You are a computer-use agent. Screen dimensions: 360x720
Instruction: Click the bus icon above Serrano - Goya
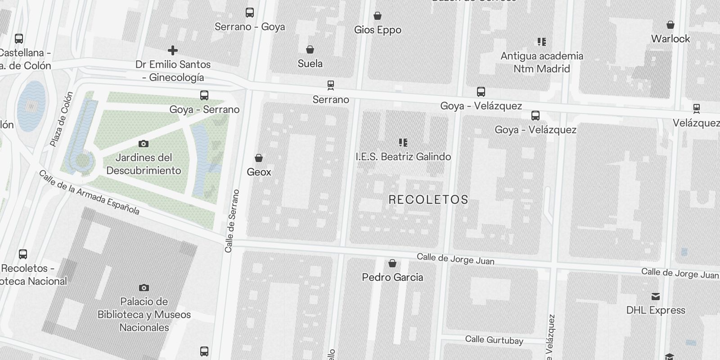pyautogui.click(x=250, y=13)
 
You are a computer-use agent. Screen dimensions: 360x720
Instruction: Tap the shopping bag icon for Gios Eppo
pyautogui.click(x=378, y=16)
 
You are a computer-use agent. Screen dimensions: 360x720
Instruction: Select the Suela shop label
pyautogui.click(x=310, y=63)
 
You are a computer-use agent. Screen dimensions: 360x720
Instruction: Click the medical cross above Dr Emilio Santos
pyautogui.click(x=172, y=50)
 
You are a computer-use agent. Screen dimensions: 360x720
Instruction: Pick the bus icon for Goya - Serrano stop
pyautogui.click(x=204, y=95)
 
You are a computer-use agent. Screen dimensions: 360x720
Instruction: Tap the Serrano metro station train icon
pyautogui.click(x=331, y=85)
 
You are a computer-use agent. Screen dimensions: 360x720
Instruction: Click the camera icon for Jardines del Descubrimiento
pyautogui.click(x=144, y=144)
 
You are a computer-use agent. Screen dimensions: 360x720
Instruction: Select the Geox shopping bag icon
pyautogui.click(x=259, y=158)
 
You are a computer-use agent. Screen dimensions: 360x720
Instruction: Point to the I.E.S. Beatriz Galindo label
pyautogui.click(x=403, y=157)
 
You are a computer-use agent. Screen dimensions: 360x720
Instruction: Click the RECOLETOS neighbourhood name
pyautogui.click(x=428, y=200)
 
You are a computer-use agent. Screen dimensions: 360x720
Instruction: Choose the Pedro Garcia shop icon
pyautogui.click(x=392, y=263)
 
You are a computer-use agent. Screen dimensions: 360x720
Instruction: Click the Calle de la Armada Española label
pyautogui.click(x=89, y=192)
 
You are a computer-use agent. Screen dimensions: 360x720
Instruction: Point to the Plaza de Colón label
pyautogui.click(x=61, y=119)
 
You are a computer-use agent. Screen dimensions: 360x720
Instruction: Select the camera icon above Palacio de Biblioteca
pyautogui.click(x=144, y=288)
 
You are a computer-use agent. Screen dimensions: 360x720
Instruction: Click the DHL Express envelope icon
pyautogui.click(x=656, y=297)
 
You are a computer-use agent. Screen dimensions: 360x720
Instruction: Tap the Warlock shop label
pyautogui.click(x=670, y=39)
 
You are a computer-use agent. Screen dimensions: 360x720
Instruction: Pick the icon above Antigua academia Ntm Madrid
pyautogui.click(x=542, y=42)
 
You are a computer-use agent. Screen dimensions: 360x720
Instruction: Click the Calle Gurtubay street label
pyautogui.click(x=494, y=340)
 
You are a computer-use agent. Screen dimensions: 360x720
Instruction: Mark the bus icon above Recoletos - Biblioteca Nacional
pyautogui.click(x=23, y=254)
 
